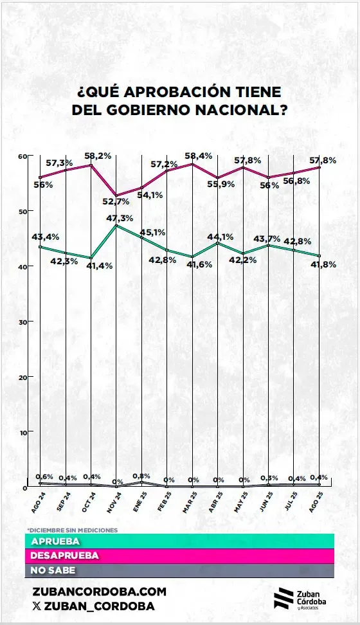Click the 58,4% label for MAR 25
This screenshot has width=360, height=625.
[x=194, y=156]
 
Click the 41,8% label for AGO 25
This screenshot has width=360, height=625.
[x=323, y=264]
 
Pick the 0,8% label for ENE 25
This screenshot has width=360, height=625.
[x=141, y=476]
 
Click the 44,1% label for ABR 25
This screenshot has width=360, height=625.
[x=219, y=236]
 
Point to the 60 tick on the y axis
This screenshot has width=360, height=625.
[x=21, y=156]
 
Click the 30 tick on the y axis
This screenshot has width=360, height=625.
[x=21, y=322]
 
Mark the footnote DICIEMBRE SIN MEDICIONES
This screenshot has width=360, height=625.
[x=72, y=530]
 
